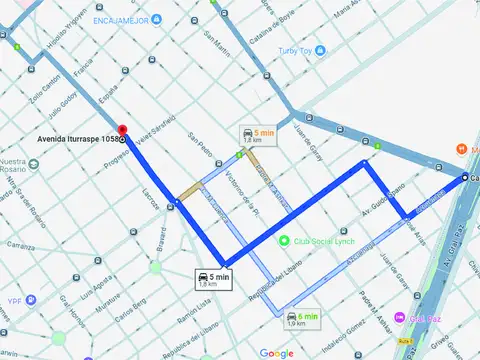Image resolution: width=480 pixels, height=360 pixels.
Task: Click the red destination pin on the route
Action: [122, 130]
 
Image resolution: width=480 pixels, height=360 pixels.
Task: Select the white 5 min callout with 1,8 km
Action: [213, 279]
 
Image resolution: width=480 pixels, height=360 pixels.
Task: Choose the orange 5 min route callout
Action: [257, 136]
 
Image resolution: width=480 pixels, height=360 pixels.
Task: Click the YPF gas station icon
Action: [32, 299]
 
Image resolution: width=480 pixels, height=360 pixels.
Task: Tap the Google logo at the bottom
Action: [276, 352]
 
